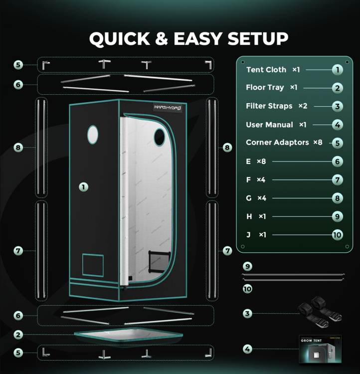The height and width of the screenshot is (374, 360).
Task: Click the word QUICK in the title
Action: pos(120,38)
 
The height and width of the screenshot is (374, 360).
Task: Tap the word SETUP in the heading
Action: pos(258,38)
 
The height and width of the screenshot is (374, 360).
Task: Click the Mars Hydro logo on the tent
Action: pos(168,108)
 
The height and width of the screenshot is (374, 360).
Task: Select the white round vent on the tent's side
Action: pos(93,135)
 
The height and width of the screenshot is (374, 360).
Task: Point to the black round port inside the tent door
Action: pos(160,137)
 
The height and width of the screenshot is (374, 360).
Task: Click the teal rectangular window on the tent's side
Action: pos(93,265)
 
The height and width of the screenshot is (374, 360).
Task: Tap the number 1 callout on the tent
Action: pos(83,187)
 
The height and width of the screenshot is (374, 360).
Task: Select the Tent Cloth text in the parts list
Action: pos(266,70)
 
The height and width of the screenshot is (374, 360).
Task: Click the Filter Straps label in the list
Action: pos(269,106)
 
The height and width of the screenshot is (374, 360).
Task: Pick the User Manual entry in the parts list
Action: pos(269,125)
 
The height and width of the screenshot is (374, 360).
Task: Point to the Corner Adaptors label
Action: pos(277,143)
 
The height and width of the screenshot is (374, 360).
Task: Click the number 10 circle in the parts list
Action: pos(337,235)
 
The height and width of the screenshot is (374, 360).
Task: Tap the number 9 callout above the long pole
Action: pos(247,266)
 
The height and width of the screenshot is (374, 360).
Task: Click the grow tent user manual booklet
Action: pos(321,349)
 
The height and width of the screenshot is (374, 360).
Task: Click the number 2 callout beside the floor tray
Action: pos(18,335)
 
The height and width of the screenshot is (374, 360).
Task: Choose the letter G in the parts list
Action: pos(249,198)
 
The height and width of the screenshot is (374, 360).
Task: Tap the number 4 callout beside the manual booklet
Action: pos(247,349)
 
